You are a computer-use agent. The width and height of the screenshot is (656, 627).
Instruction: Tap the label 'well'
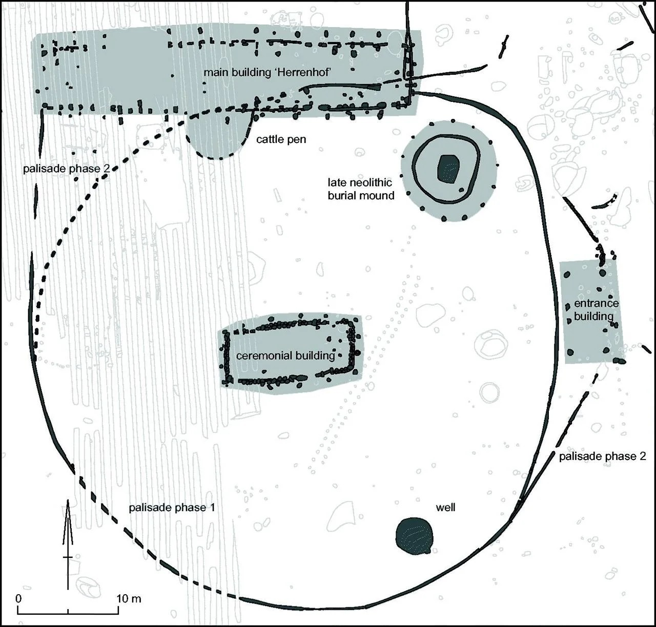(x=445, y=507)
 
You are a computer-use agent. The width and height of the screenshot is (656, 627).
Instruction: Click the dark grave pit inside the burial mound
(x=448, y=169)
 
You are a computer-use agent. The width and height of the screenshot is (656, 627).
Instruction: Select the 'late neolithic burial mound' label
(x=361, y=189)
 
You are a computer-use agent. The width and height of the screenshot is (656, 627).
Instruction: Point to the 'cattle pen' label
(x=281, y=139)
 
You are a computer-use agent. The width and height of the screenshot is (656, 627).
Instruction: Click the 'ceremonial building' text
(x=285, y=356)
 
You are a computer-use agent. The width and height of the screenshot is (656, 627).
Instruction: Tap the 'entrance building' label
(x=596, y=309)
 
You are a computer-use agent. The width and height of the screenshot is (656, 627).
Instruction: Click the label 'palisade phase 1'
(x=172, y=508)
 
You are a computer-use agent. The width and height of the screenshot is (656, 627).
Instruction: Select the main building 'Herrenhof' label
(x=266, y=72)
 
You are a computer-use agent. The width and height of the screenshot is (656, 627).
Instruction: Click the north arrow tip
(x=68, y=499)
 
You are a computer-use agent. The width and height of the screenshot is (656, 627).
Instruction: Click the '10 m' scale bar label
(x=129, y=598)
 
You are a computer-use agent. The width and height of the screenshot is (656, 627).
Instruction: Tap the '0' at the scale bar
(x=18, y=598)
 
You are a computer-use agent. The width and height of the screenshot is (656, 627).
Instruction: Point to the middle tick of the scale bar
(x=68, y=612)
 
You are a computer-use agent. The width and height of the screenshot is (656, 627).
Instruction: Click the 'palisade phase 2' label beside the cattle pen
(x=67, y=169)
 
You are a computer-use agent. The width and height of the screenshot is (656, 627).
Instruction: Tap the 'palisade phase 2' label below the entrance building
(x=603, y=456)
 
